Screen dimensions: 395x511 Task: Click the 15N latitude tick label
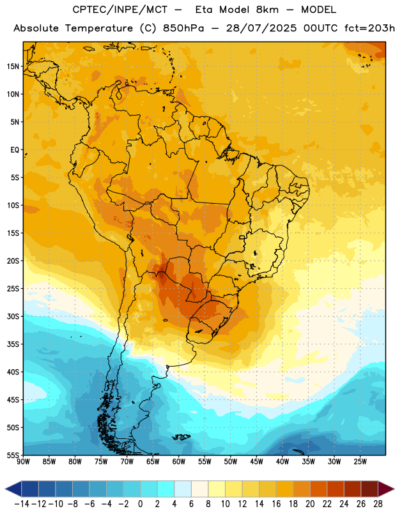[13, 66]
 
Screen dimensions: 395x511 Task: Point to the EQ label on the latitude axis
[15, 150]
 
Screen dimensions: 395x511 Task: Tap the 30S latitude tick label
[13, 316]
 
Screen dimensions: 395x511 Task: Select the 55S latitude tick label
[13, 455]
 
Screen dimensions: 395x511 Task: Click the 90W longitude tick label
[23, 462]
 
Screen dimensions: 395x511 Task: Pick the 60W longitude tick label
[179, 462]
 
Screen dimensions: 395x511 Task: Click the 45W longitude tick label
[256, 462]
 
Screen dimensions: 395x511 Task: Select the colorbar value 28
[378, 504]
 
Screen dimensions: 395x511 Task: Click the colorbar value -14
[22, 504]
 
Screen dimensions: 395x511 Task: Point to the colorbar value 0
[140, 504]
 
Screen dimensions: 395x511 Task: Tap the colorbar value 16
[276, 504]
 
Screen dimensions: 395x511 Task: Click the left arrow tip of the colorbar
[5, 489]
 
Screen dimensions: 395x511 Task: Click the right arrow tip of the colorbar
[394, 489]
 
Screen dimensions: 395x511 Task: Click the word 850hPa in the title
[183, 28]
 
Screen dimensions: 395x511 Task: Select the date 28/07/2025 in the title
[261, 28]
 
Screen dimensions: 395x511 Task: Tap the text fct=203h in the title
[369, 28]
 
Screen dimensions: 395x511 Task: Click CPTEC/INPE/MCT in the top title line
[120, 10]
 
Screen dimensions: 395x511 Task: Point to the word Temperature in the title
[99, 29]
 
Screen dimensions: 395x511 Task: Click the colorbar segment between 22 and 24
[336, 489]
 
